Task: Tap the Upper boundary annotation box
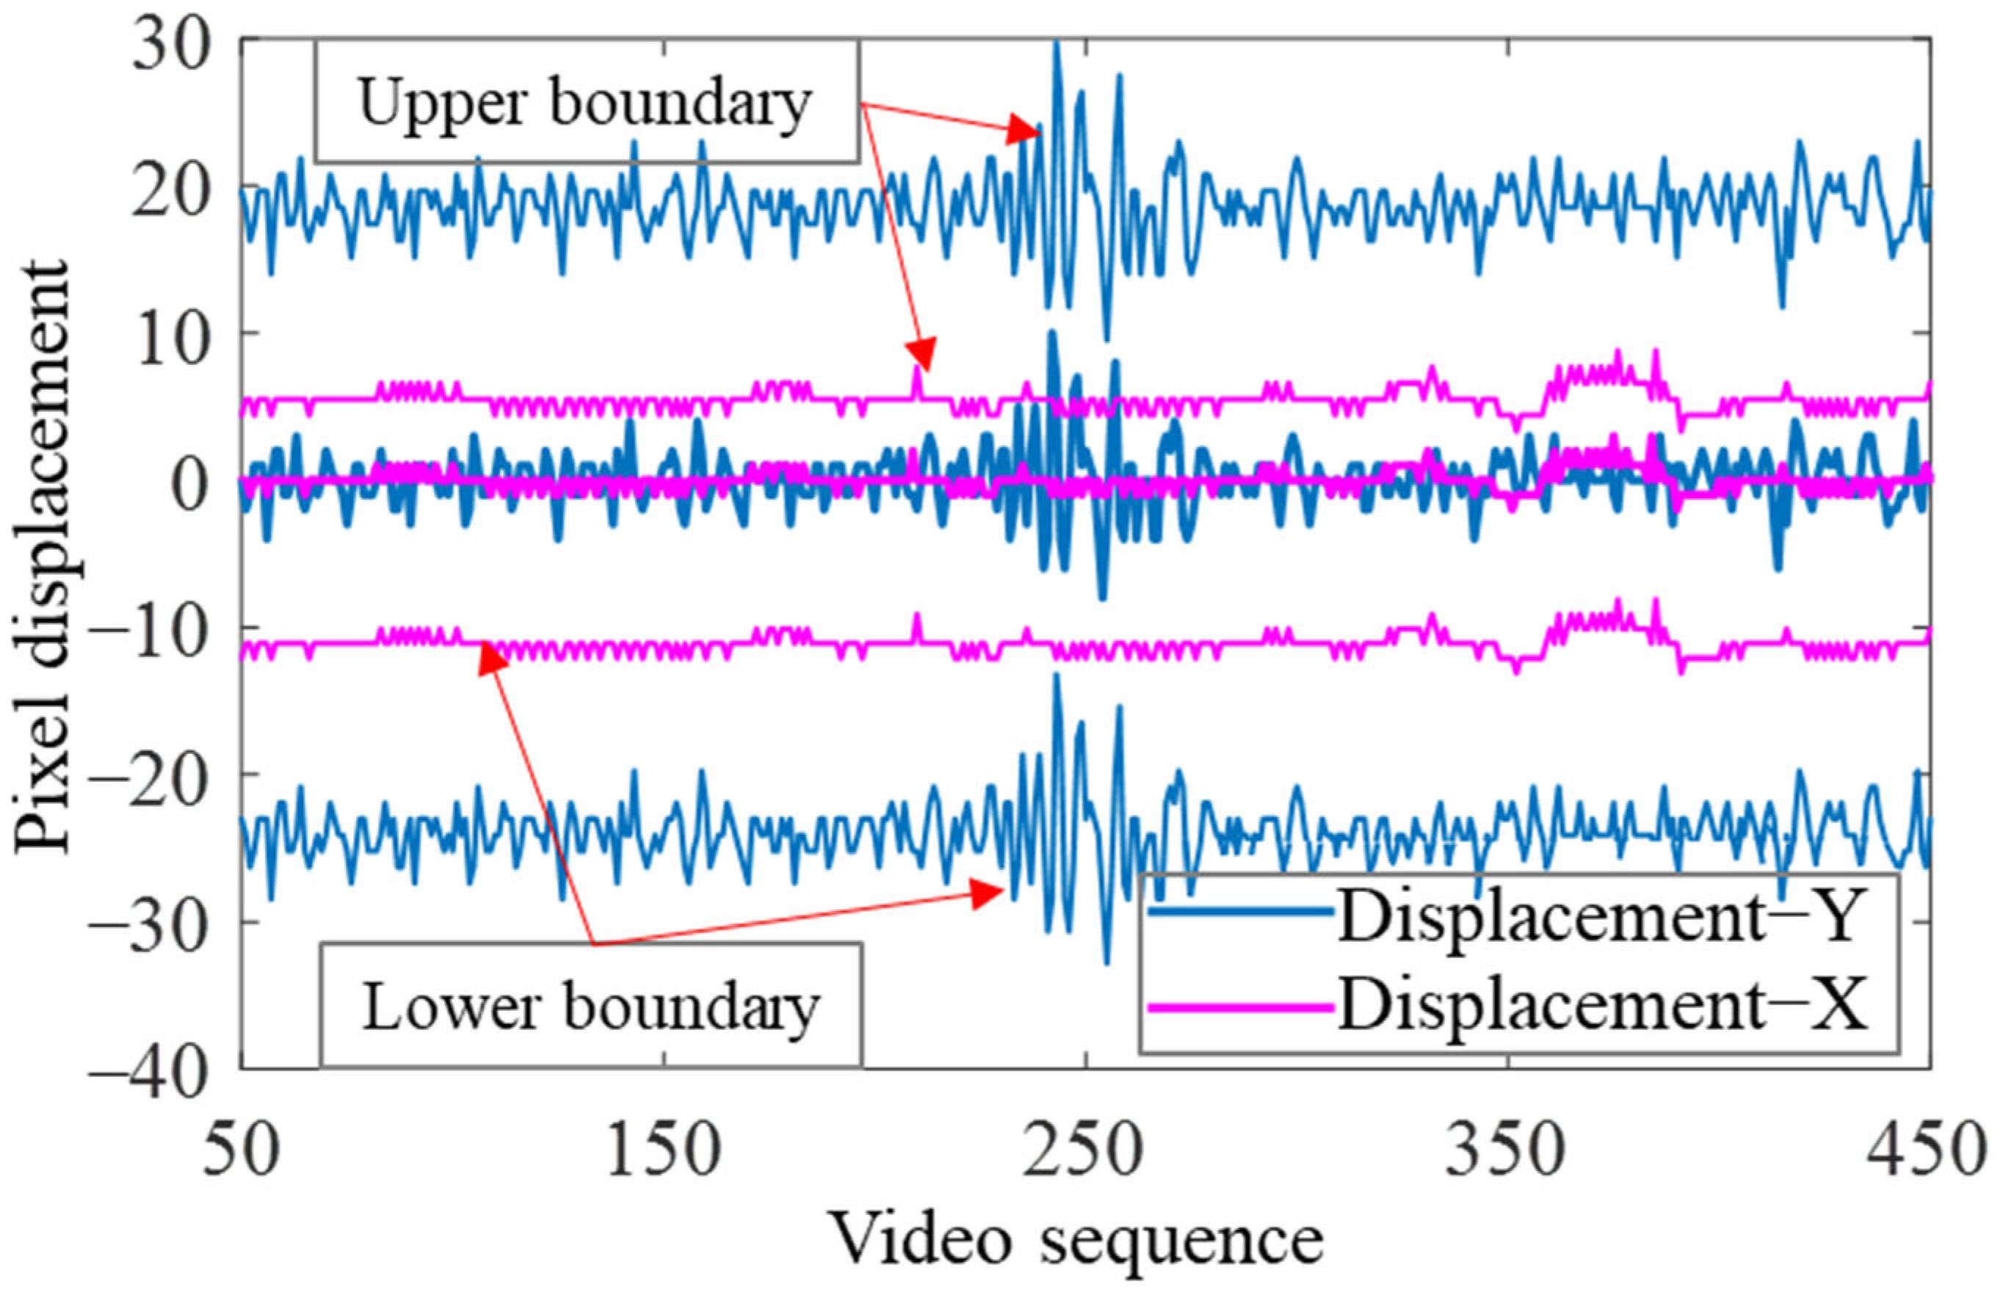pyautogui.click(x=586, y=103)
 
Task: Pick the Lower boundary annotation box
pyautogui.click(x=591, y=1005)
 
